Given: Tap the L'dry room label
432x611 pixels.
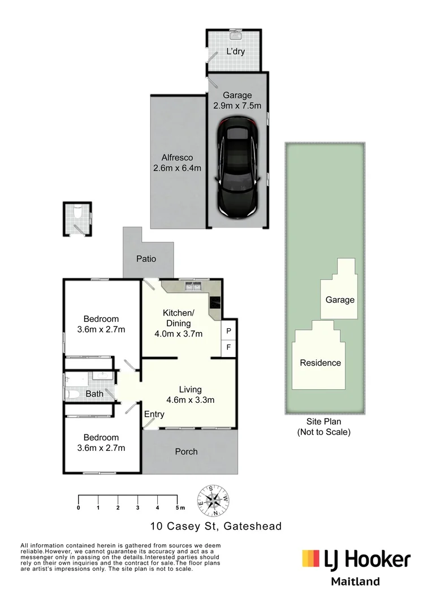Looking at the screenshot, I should (235, 51).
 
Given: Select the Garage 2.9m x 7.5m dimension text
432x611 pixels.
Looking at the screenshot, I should (237, 101).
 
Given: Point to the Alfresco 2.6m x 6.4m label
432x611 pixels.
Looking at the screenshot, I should (177, 162).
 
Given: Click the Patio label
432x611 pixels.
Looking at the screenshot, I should (146, 259).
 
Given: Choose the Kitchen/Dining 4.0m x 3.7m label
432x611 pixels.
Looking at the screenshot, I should (179, 323).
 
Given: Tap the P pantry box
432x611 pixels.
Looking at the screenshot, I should (229, 331).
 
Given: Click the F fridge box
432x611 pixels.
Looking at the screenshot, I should (229, 347).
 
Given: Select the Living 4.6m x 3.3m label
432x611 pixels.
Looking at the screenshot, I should (190, 394).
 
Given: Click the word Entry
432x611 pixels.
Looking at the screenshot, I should (154, 414).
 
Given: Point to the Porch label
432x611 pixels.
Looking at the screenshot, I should (186, 451).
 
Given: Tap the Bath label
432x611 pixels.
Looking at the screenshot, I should (94, 393).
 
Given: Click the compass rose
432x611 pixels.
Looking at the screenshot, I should (213, 500).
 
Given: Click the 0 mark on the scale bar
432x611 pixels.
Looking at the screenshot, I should (78, 508).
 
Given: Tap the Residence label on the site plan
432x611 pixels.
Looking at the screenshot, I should (320, 363).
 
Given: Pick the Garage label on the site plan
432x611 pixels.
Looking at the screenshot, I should (340, 299).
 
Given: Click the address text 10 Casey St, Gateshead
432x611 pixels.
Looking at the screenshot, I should (215, 526).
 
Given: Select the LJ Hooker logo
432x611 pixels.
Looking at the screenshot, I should (356, 560).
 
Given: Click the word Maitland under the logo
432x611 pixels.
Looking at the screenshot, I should (355, 582).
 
